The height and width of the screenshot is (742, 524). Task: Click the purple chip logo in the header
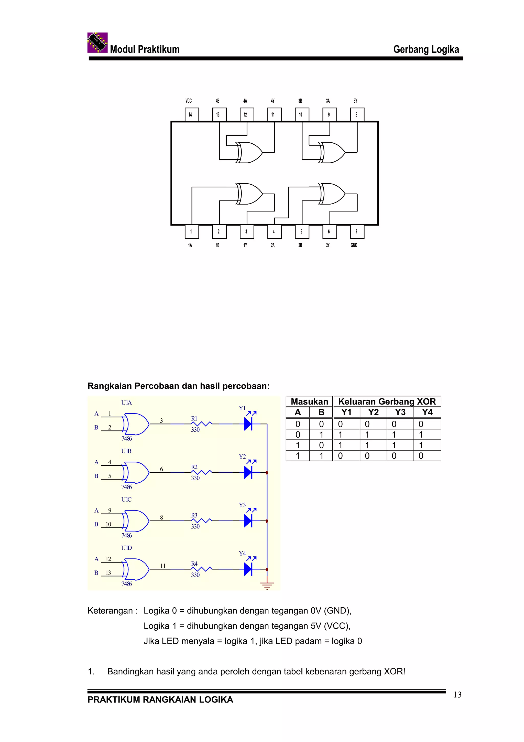(97, 42)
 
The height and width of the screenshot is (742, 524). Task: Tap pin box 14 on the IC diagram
(191, 114)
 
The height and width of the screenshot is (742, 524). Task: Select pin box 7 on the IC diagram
(357, 232)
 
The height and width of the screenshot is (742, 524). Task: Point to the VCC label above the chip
(189, 101)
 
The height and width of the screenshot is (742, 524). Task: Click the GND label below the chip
(354, 245)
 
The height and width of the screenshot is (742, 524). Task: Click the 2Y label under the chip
(328, 245)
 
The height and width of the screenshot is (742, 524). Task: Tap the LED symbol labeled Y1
(248, 424)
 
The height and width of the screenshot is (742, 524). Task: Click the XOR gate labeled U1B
(136, 472)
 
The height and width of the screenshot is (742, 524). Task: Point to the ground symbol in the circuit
(267, 585)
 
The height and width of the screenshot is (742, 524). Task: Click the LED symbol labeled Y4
(248, 569)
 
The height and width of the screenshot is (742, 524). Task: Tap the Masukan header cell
(309, 401)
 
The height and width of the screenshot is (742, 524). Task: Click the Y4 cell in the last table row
(427, 456)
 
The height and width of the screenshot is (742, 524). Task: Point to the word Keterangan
(110, 611)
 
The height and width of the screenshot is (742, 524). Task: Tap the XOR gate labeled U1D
(136, 569)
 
